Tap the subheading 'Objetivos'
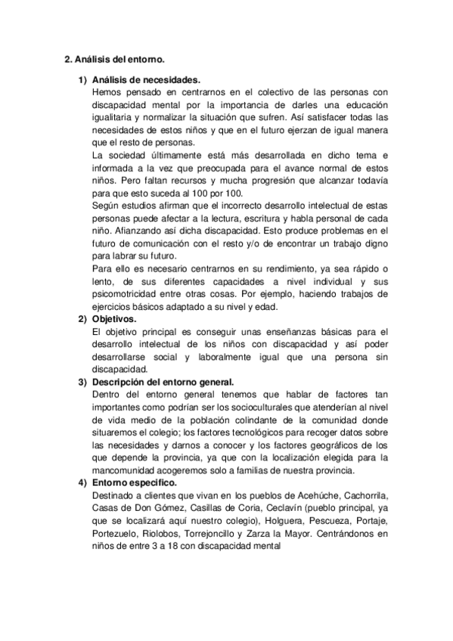pos(114,320)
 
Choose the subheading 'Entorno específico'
pos(133,482)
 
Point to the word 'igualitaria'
pos(111,118)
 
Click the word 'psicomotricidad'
pos(125,295)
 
